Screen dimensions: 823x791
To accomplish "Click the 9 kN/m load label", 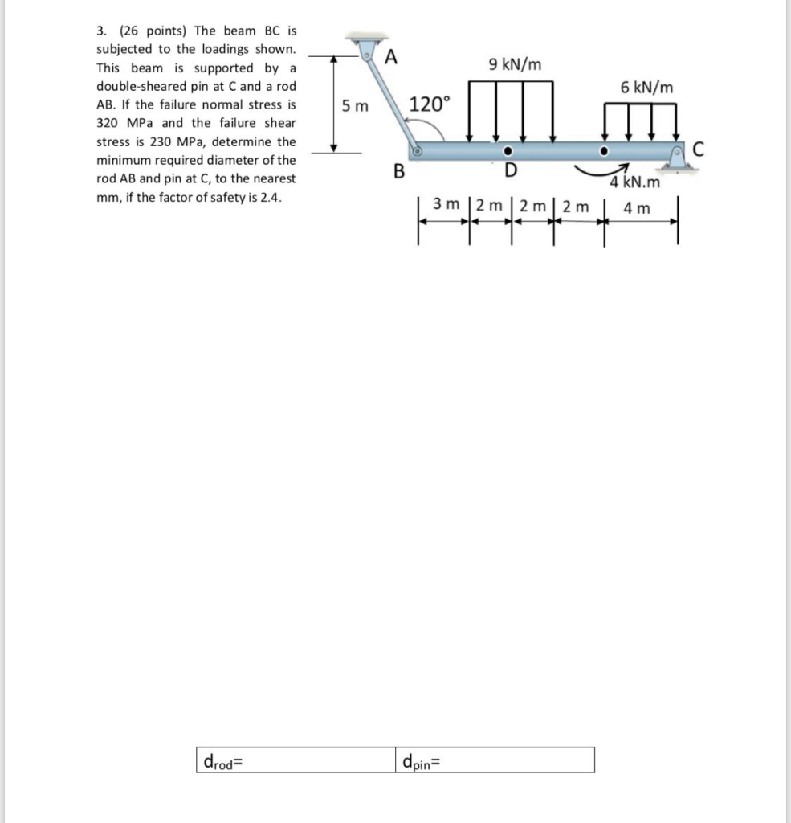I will point(514,64).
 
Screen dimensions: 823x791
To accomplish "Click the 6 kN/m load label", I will point(646,88).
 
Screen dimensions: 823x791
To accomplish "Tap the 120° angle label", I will point(430,104).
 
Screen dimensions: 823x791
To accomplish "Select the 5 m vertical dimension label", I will point(354,105).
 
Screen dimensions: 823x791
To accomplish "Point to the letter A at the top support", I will point(391,56).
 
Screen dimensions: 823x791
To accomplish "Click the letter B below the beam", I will point(397,170).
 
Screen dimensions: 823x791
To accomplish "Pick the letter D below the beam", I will point(510,170).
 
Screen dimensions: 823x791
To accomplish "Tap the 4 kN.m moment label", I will point(635,182).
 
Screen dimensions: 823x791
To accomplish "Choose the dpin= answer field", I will point(495,760).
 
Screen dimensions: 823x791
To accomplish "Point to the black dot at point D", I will point(508,151).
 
